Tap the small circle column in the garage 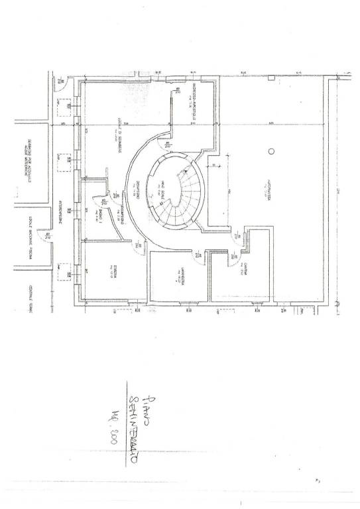[270, 152]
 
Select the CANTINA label [245, 269]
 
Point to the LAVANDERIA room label [181, 276]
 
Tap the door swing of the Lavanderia [197, 254]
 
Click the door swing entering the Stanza [138, 247]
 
